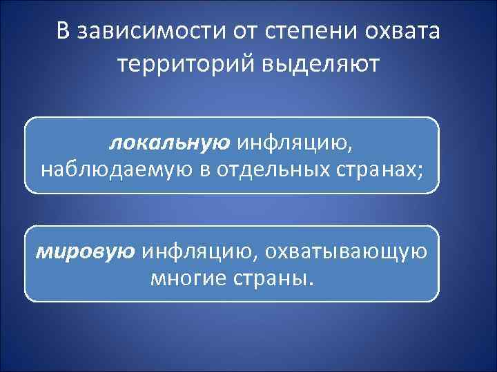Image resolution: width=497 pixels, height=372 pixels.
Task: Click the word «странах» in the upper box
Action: [377, 169]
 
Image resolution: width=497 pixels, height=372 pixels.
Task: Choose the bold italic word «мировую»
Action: [86, 252]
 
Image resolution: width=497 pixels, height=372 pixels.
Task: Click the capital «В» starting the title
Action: [64, 32]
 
